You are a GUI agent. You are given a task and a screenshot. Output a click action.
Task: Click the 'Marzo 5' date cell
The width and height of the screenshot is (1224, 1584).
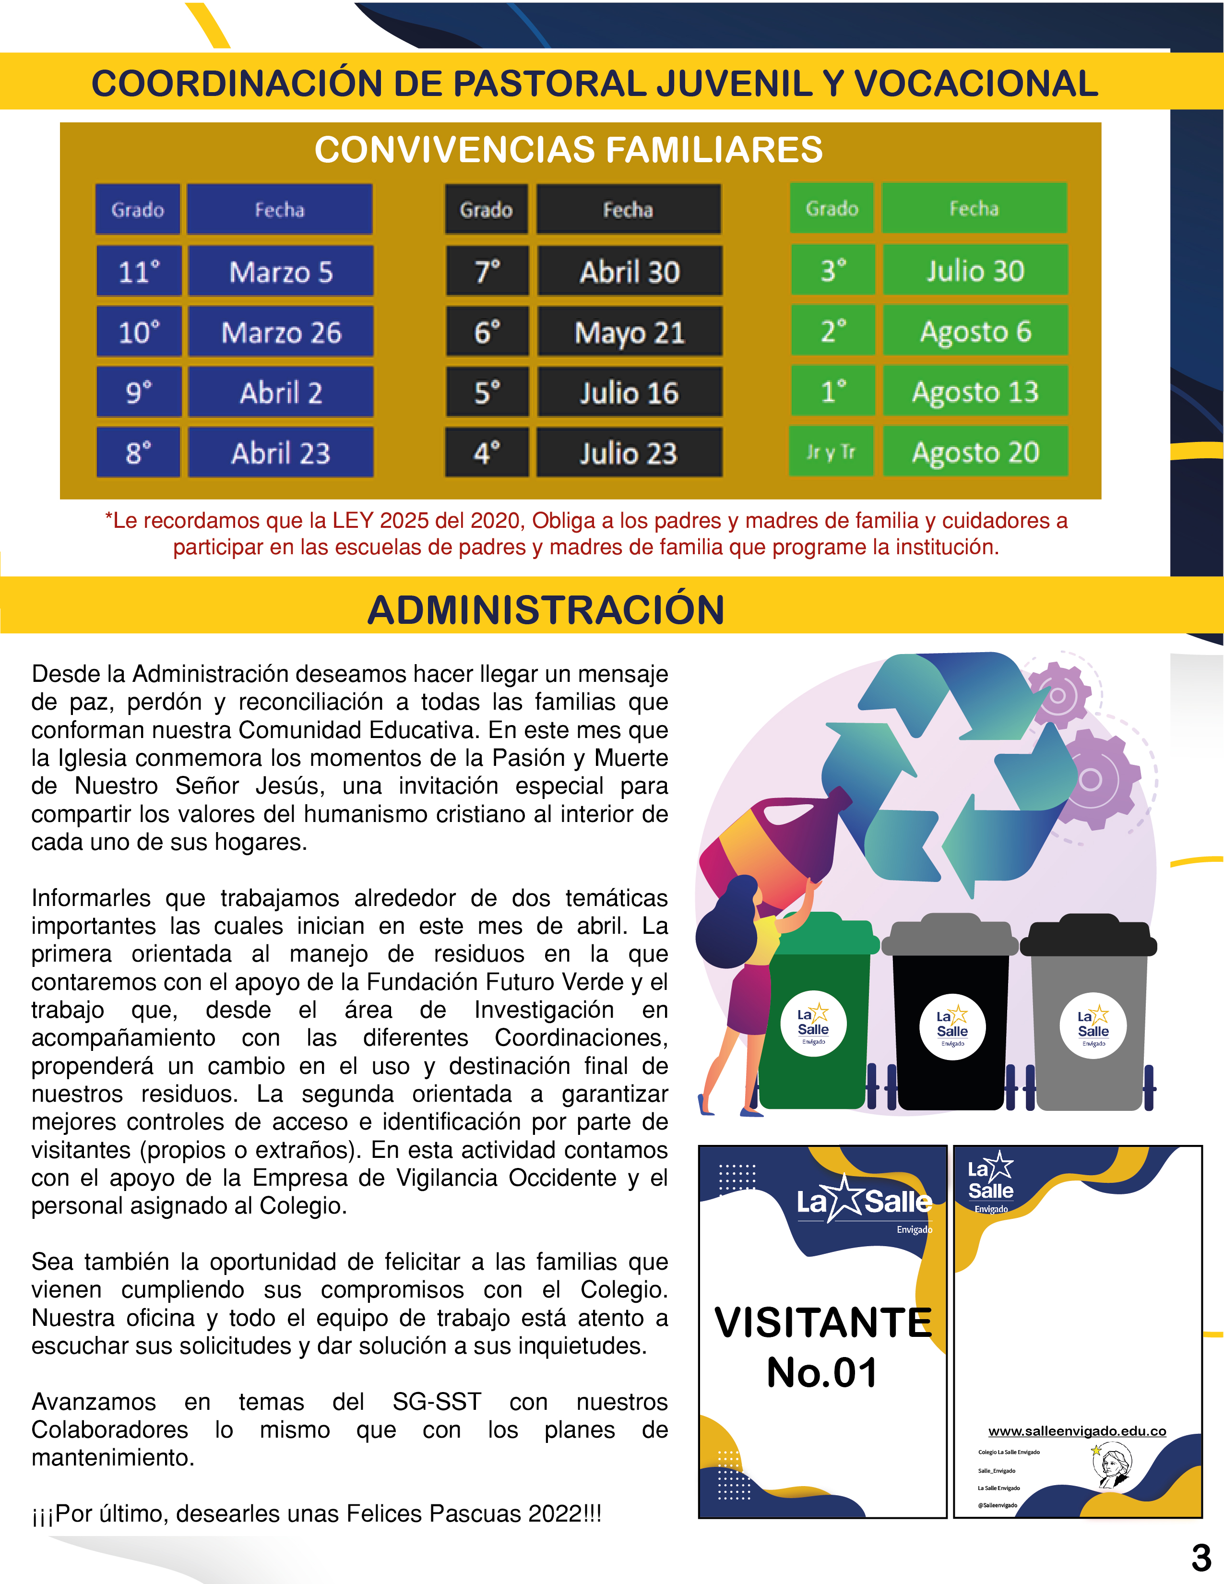281,271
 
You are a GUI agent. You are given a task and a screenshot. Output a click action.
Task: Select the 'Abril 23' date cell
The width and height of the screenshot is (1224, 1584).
281,453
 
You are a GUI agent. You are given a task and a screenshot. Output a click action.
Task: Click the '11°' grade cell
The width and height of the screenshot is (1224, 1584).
139,271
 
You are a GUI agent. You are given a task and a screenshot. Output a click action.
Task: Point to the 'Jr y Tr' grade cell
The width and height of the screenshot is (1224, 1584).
831,451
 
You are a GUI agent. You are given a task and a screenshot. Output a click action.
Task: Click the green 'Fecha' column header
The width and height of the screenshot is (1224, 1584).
974,208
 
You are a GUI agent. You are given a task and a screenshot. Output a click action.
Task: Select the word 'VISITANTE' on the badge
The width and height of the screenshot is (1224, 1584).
823,1322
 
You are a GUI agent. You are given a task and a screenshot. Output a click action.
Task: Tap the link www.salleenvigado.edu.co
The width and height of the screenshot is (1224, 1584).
1077,1431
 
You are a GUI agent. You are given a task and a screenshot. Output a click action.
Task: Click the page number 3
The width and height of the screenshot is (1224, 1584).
1201,1557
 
